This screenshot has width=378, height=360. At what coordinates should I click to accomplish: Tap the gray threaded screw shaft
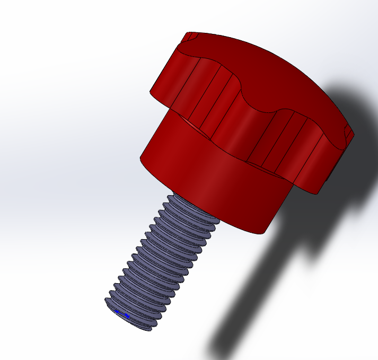159,254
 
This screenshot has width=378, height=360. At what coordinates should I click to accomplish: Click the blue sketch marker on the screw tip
123,316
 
